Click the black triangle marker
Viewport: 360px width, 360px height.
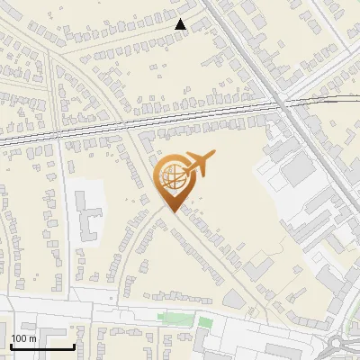[181, 24]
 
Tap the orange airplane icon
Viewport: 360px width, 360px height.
[198, 164]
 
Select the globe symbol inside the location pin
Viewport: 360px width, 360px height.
[171, 177]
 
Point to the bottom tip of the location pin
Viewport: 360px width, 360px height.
[171, 211]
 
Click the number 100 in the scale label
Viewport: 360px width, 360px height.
[20, 338]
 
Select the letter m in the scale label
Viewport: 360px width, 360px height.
[32, 338]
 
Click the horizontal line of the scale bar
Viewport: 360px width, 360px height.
[41, 346]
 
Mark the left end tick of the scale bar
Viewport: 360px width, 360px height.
[11, 345]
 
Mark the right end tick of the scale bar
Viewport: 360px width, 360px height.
[73, 345]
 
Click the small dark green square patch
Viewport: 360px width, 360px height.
[205, 322]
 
